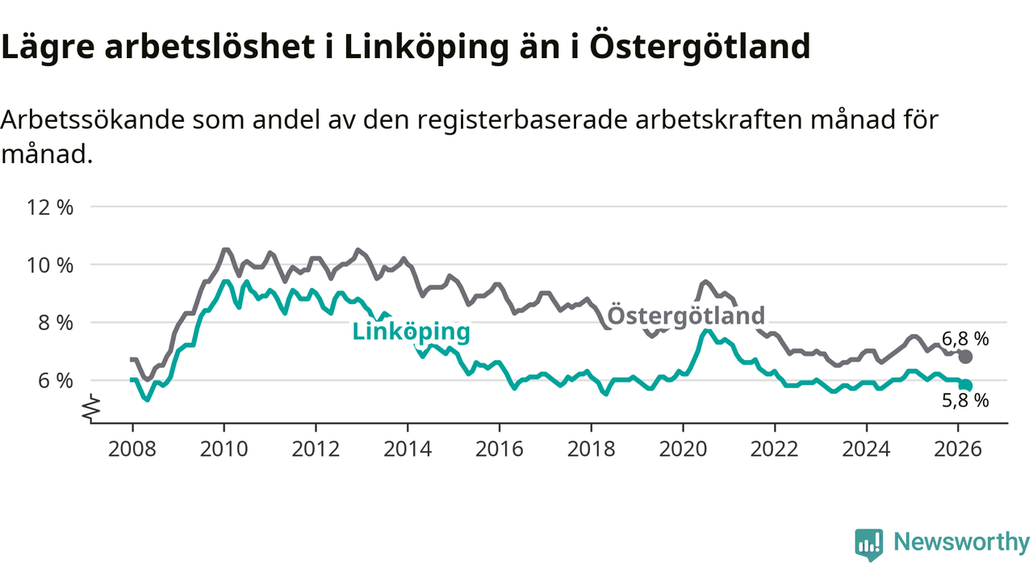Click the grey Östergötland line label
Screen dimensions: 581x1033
pyautogui.click(x=685, y=316)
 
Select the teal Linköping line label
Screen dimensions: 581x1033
pyautogui.click(x=411, y=332)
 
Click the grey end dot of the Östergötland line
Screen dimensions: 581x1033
pyautogui.click(x=965, y=357)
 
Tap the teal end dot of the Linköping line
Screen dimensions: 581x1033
pyautogui.click(x=965, y=386)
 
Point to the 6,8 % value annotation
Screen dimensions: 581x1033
pyautogui.click(x=964, y=339)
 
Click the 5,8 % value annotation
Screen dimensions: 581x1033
pyautogui.click(x=964, y=401)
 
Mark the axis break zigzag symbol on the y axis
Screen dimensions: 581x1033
pyautogui.click(x=92, y=408)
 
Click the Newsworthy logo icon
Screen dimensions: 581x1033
pyautogui.click(x=868, y=545)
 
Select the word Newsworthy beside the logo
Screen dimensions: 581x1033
pyautogui.click(x=961, y=542)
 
